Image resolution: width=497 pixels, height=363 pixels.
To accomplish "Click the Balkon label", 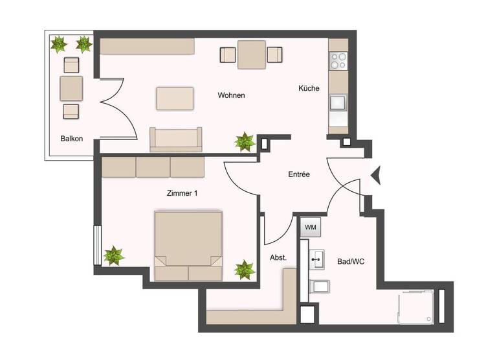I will (72, 138).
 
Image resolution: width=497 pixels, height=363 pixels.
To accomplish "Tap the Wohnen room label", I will (231, 95).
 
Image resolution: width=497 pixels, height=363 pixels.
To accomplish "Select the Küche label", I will (309, 88).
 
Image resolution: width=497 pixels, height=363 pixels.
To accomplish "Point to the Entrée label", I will (299, 174).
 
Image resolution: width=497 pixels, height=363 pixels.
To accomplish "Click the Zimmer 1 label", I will (182, 192).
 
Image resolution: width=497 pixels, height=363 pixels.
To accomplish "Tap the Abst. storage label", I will (278, 257).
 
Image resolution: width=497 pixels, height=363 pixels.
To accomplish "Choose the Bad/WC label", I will (351, 261).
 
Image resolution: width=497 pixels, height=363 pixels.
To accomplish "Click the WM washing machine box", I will (310, 228).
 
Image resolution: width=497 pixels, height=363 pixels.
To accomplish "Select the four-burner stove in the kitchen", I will (338, 61).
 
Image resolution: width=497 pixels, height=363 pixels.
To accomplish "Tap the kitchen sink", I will (338, 103).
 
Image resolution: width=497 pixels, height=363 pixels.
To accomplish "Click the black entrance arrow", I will (374, 174).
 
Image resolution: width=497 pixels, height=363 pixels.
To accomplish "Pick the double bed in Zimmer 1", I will (188, 245).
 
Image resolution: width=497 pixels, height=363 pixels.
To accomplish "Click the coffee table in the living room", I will (175, 99).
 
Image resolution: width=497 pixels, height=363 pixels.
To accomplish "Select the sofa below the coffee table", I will (176, 139).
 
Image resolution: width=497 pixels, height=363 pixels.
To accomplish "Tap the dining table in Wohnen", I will (252, 54).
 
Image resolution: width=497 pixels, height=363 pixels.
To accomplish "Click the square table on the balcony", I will (71, 88).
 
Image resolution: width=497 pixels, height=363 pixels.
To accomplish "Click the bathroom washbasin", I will (317, 260).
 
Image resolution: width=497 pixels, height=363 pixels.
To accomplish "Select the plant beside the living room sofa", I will (245, 141).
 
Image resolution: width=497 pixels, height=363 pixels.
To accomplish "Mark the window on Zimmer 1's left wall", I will (97, 244).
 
